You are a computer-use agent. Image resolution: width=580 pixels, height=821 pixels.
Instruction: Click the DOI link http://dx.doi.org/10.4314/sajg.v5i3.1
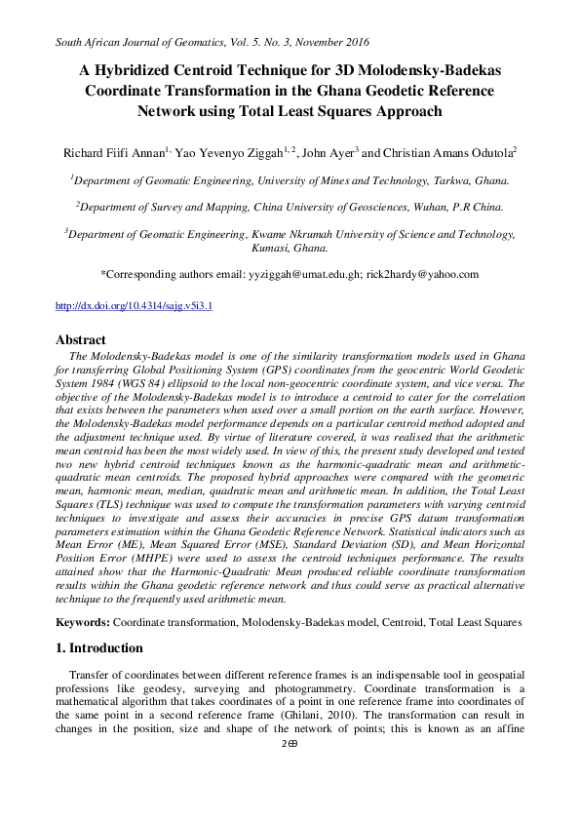point(135,306)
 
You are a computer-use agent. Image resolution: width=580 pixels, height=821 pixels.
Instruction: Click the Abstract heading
point(82,340)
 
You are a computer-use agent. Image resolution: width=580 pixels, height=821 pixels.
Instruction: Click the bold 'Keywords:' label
point(83,621)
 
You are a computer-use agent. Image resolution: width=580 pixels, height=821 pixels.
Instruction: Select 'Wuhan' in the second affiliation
point(435,207)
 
